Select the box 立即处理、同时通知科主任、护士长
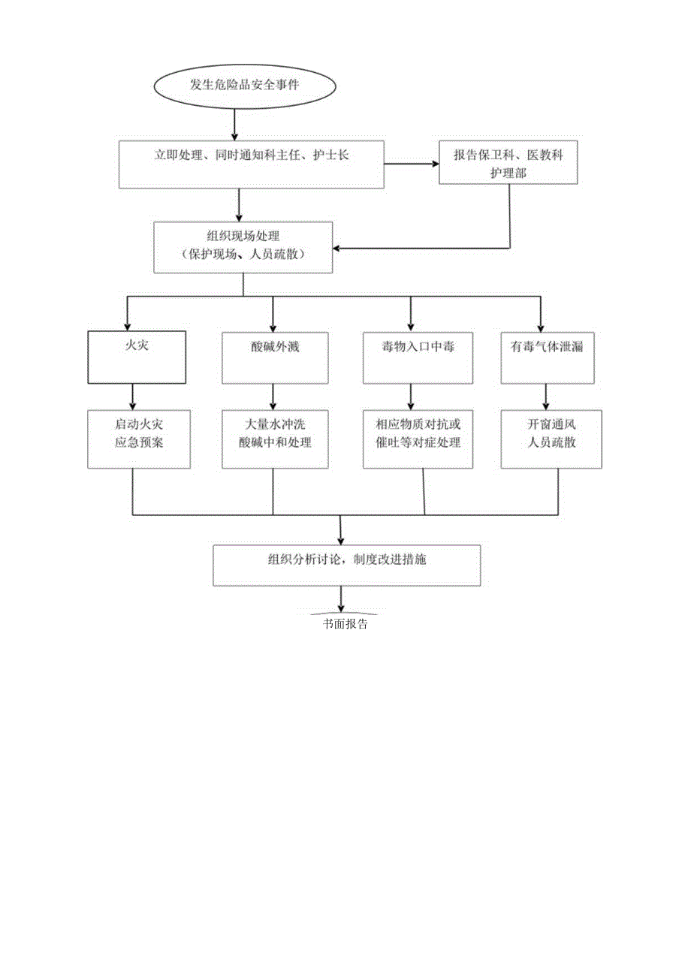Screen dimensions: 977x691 252,164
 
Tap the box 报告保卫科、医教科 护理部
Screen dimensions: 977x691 509,163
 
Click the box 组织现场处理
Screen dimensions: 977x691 243,247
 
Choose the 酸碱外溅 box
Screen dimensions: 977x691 273,357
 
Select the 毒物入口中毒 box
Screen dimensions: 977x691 411,357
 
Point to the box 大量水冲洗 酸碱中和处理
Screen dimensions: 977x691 273,439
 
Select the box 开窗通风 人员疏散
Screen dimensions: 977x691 551,439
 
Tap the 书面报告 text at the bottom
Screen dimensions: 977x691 345,623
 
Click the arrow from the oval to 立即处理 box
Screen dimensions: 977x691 236,123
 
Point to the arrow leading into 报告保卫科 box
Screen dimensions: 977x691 412,164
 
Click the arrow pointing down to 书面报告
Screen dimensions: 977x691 342,599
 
